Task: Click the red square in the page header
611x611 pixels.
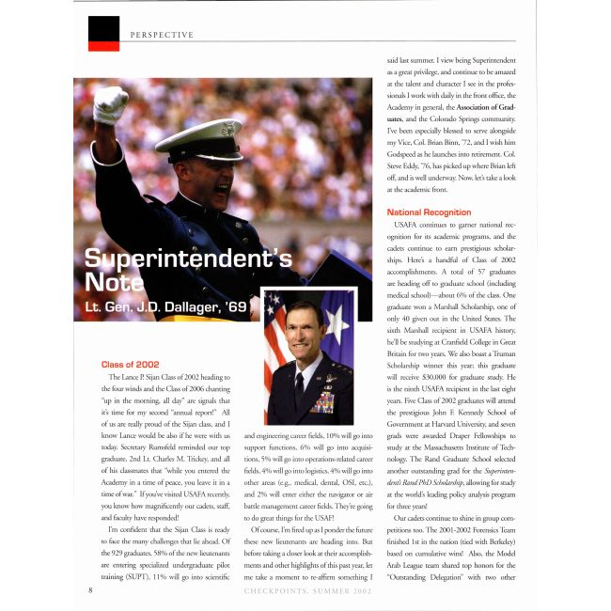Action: pos(103,33)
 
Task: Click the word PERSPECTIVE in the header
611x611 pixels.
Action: pos(162,35)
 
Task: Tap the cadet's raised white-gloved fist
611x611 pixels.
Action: pos(111,102)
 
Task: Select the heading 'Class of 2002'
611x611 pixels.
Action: pos(130,364)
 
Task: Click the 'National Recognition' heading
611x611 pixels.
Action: pos(428,212)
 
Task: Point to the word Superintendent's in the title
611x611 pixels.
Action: pos(188,259)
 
